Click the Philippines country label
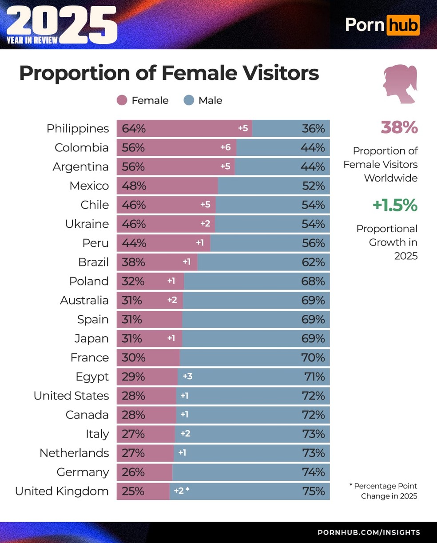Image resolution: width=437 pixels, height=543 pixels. (x=78, y=129)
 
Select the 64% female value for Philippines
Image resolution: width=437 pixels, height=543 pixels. (x=134, y=129)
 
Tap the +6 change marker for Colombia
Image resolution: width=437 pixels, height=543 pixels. (x=226, y=147)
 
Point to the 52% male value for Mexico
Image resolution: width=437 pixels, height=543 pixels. (x=314, y=186)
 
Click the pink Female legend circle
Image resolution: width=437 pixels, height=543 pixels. (x=122, y=100)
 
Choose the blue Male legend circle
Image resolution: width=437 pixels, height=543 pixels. (x=189, y=100)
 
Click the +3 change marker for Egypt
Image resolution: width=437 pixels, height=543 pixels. (x=187, y=377)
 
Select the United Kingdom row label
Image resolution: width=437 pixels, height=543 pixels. (x=62, y=491)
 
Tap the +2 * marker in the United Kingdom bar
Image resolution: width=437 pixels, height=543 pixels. (x=181, y=491)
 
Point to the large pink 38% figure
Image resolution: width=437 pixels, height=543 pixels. (x=399, y=127)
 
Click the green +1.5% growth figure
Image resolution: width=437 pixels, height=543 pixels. (x=395, y=205)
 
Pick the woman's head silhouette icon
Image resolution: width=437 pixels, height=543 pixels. (x=399, y=84)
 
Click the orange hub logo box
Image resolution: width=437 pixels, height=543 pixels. (x=403, y=25)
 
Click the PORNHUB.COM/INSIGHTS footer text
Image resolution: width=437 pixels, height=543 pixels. (x=369, y=532)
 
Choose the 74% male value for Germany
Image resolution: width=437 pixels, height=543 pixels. (x=314, y=472)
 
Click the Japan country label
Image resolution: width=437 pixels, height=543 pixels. (x=91, y=339)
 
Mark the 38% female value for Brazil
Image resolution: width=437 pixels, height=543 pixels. (x=133, y=262)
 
